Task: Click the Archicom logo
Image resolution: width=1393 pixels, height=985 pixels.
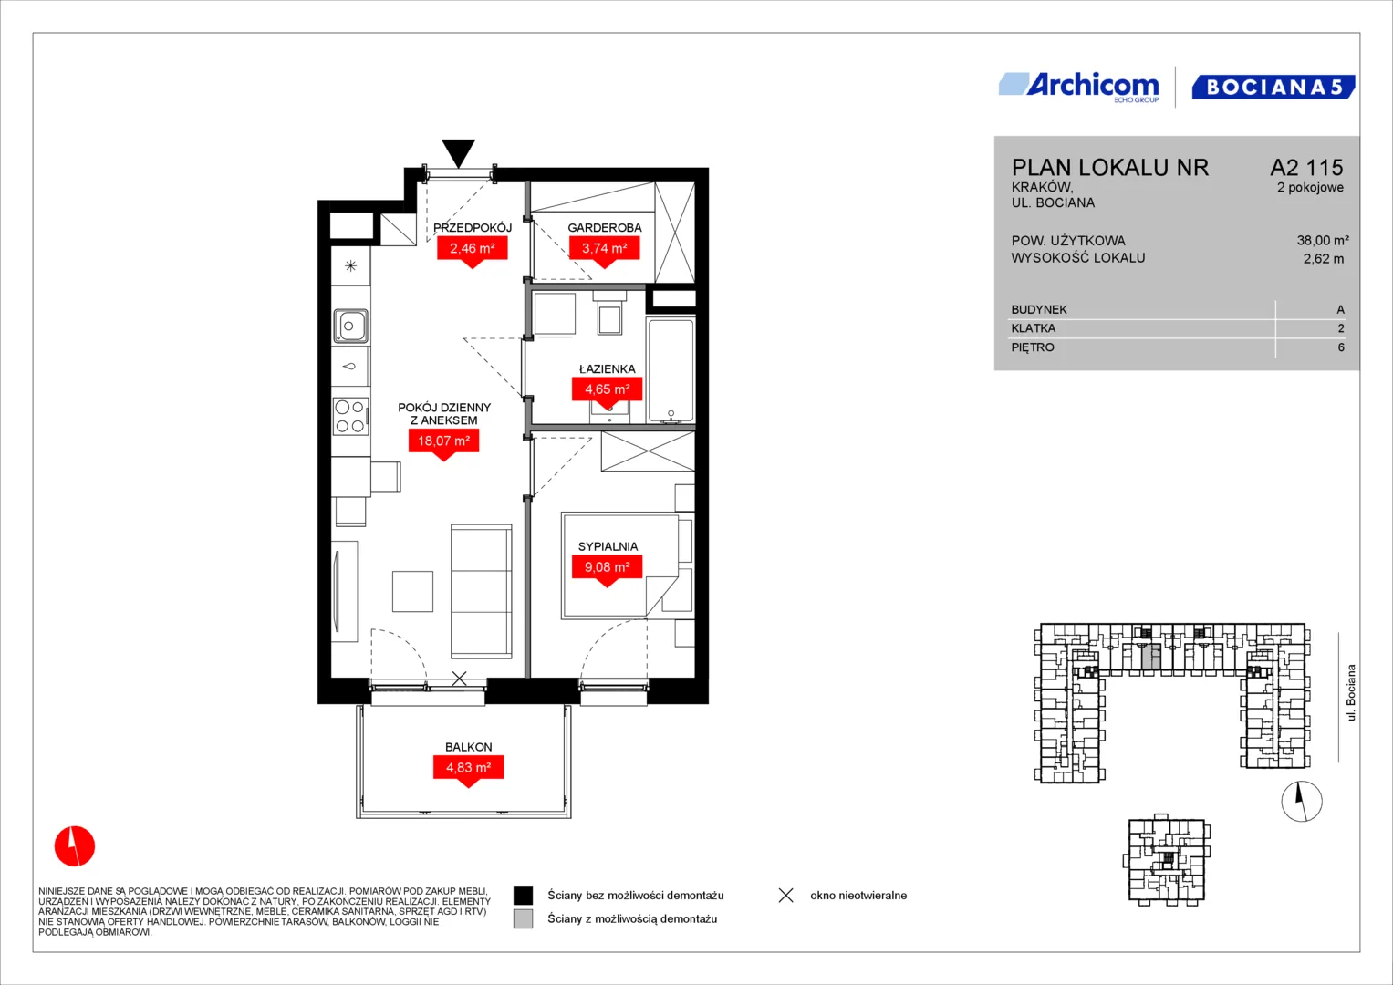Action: (x=1079, y=87)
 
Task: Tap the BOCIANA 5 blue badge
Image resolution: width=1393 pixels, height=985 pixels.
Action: (x=1273, y=87)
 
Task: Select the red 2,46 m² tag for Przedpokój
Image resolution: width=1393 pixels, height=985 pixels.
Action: (x=473, y=252)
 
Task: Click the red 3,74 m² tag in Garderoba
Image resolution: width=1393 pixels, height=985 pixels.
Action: (x=605, y=252)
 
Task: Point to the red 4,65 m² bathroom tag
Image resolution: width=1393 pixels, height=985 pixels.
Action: (x=607, y=393)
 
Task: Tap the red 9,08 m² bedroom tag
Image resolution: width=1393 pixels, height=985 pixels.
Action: (x=607, y=571)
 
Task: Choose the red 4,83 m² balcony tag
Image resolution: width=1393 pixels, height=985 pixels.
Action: (x=468, y=772)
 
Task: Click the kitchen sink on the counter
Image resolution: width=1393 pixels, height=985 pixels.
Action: (x=350, y=326)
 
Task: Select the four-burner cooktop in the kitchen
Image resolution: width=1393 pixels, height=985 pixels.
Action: (x=350, y=417)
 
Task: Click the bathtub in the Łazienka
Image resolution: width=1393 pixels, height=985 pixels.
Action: (x=671, y=370)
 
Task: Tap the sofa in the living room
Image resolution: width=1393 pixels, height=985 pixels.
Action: (x=482, y=591)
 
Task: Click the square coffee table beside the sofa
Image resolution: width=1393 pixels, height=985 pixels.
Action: (x=412, y=591)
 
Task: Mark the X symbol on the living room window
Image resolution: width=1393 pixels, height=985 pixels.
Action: (x=459, y=679)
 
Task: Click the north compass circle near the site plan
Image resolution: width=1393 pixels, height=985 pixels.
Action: (x=1302, y=802)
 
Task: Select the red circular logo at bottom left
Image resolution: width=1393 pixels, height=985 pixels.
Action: (x=75, y=845)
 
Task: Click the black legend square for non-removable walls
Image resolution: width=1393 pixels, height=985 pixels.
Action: (x=523, y=896)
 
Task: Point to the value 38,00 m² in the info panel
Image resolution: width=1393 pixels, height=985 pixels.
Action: (x=1323, y=241)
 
